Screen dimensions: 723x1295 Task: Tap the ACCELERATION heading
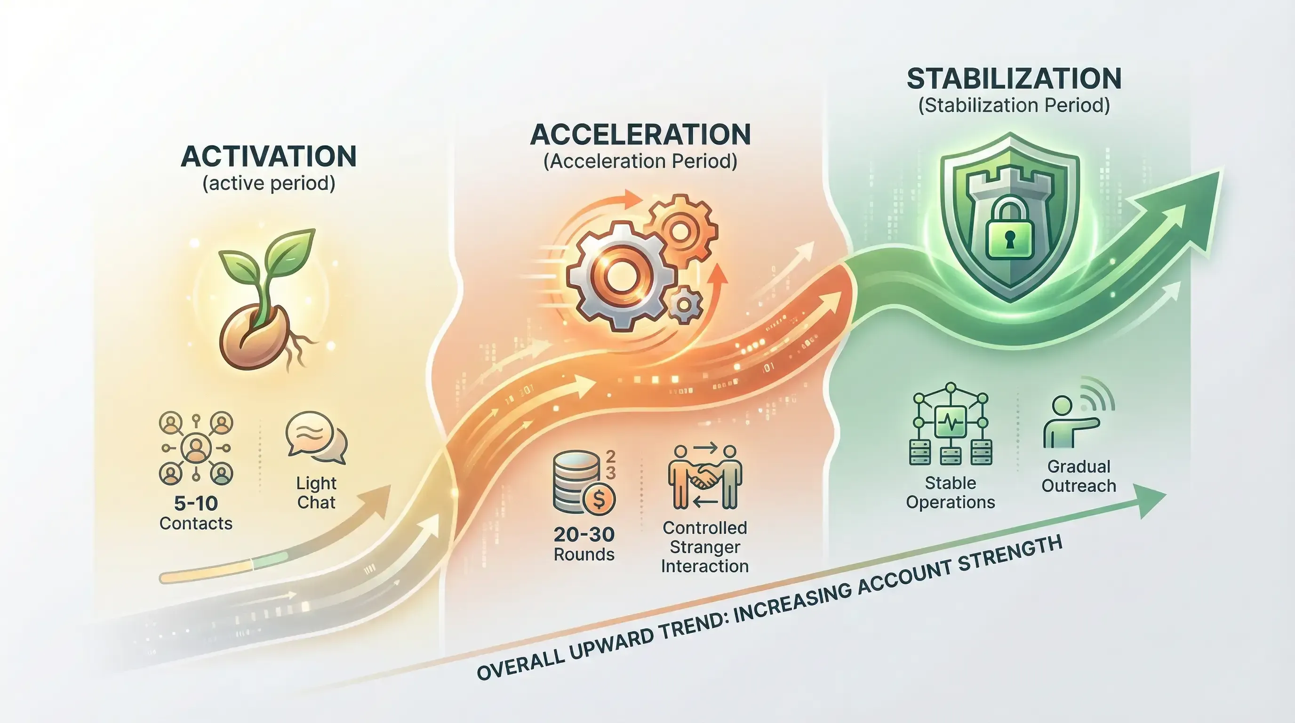click(640, 134)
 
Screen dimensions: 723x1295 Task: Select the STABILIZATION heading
click(1014, 79)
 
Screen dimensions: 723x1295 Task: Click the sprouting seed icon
click(264, 302)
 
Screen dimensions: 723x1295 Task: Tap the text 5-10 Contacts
click(196, 513)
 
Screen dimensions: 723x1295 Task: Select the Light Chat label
click(316, 493)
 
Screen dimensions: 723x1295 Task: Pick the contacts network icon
click(196, 448)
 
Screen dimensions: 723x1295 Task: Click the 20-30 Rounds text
click(584, 544)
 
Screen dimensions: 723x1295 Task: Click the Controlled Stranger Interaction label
click(705, 547)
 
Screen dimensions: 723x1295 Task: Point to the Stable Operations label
click(950, 493)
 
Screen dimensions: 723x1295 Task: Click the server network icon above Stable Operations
click(950, 425)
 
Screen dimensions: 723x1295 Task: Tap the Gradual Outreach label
click(1079, 476)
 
